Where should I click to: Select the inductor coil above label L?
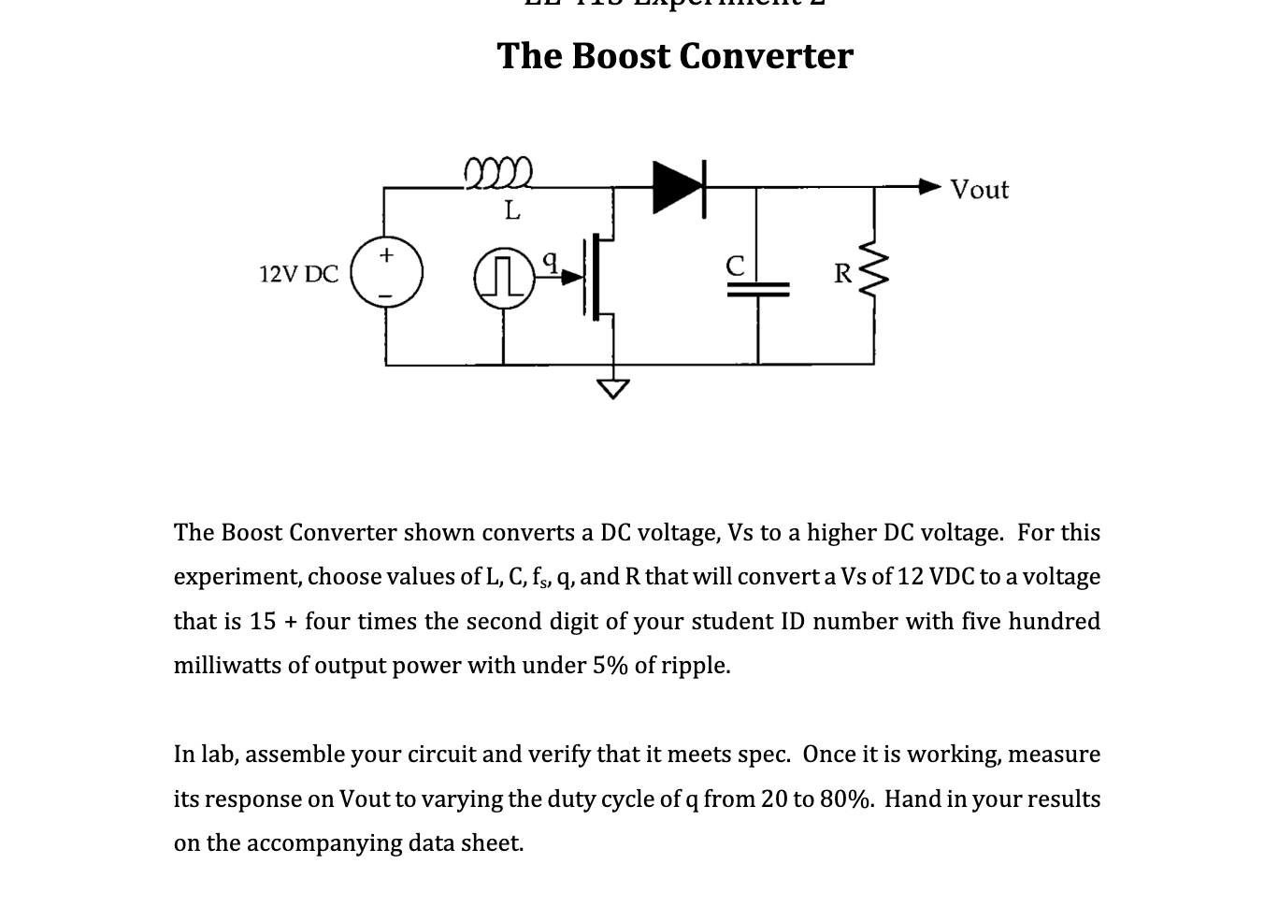coord(498,174)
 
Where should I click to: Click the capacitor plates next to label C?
coord(757,292)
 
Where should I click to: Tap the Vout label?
coord(979,190)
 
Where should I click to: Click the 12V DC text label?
coord(298,275)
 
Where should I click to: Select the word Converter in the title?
coord(766,56)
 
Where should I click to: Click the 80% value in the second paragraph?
coord(846,799)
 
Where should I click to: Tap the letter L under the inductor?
coord(511,210)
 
